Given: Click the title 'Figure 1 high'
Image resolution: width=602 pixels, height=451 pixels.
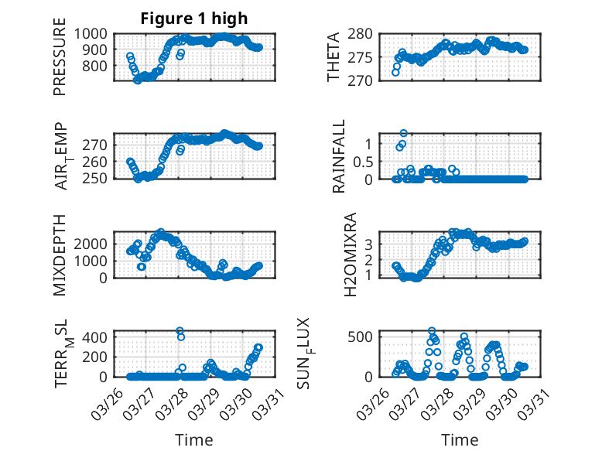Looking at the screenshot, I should pyautogui.click(x=194, y=19).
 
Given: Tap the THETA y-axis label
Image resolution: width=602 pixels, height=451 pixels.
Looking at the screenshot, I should pyautogui.click(x=333, y=56).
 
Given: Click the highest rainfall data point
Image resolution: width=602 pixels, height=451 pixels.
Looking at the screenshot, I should pyautogui.click(x=403, y=133).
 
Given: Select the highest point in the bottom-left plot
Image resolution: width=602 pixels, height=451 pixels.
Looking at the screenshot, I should pyautogui.click(x=180, y=331).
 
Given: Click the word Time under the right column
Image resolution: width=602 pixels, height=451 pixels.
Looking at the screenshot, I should pyautogui.click(x=460, y=439).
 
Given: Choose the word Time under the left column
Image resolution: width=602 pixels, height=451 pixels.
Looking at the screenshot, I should pyautogui.click(x=194, y=439).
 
